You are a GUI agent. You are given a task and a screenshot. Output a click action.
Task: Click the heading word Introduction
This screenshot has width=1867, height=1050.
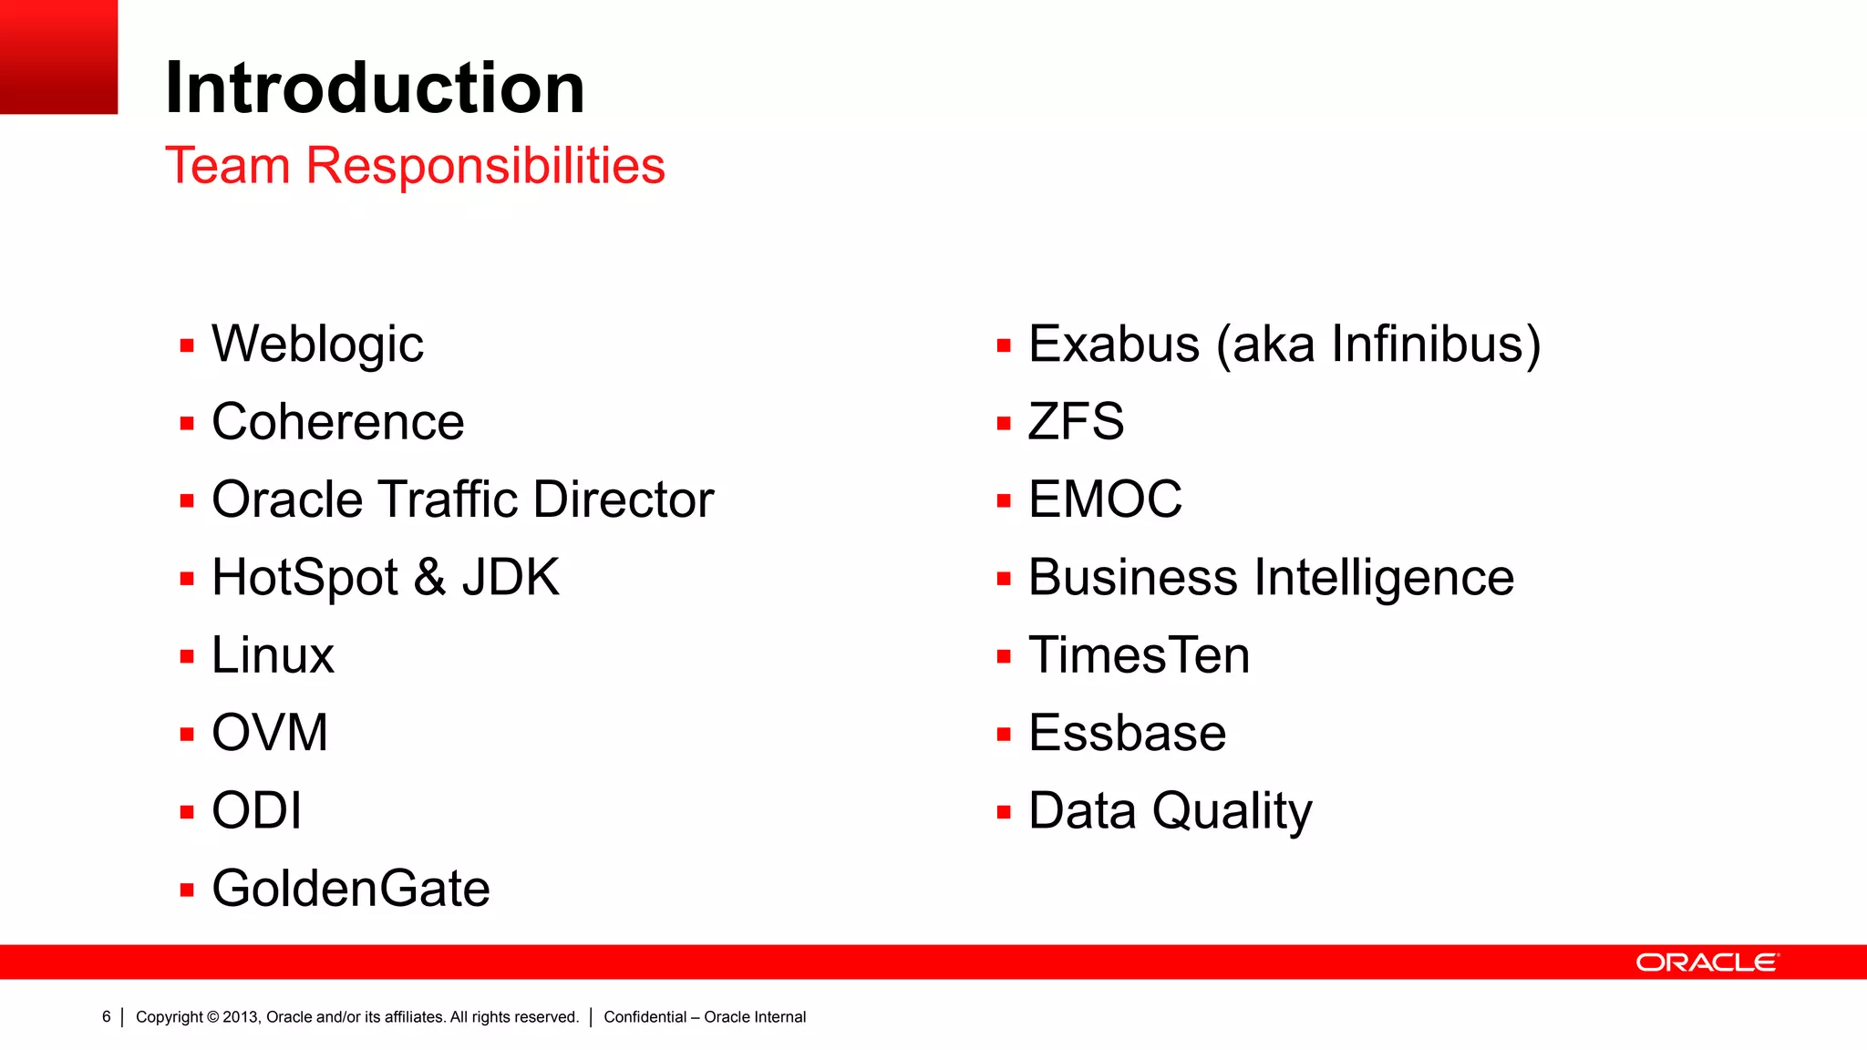coord(374,87)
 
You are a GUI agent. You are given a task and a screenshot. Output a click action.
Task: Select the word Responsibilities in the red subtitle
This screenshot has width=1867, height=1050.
coord(485,166)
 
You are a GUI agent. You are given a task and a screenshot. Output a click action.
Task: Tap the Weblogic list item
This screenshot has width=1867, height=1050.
coord(317,345)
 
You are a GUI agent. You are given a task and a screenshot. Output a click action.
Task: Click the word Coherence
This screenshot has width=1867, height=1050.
coord(337,422)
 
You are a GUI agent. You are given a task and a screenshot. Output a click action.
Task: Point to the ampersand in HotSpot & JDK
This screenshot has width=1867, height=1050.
coord(429,578)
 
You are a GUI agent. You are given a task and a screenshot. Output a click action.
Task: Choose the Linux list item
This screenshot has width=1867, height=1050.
coord(273,655)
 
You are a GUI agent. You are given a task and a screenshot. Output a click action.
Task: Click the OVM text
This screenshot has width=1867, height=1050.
coord(269,733)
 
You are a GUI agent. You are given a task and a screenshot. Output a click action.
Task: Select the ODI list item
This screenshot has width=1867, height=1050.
coord(256,810)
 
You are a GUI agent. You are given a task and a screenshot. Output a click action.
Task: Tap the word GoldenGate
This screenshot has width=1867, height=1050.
coord(350,889)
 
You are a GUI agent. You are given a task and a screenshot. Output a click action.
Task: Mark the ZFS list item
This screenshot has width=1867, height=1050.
coord(1076,422)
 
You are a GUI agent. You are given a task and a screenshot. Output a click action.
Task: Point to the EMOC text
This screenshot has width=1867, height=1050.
coord(1105,499)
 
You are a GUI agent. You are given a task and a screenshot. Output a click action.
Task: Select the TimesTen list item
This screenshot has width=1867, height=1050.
coord(1139,655)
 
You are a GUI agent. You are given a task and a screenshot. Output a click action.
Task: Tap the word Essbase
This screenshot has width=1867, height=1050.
coord(1127,733)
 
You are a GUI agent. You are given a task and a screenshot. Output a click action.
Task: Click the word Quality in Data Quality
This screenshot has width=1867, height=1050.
coord(1232,810)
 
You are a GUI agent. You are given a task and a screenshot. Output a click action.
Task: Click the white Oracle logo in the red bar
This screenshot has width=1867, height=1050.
coord(1707,962)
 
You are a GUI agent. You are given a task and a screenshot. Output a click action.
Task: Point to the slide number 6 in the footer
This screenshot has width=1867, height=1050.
coord(107,1016)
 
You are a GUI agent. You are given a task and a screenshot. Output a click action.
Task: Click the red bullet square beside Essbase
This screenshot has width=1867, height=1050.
coord(1004,735)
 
